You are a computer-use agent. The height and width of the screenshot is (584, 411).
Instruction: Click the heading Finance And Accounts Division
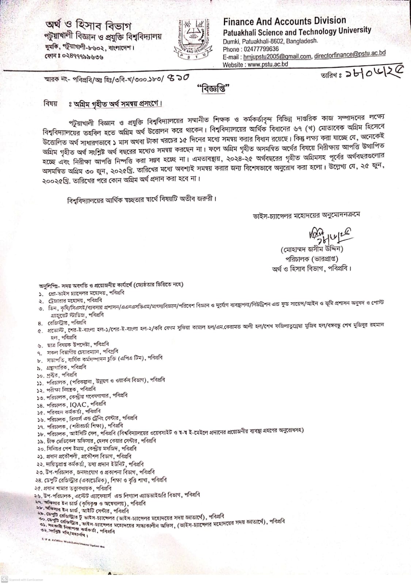click(284, 21)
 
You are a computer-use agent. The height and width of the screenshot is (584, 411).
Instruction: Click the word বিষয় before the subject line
click(50, 103)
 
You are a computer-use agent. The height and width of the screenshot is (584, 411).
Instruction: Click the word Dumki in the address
click(231, 42)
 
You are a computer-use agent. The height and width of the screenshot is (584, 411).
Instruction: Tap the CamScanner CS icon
click(4, 579)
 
